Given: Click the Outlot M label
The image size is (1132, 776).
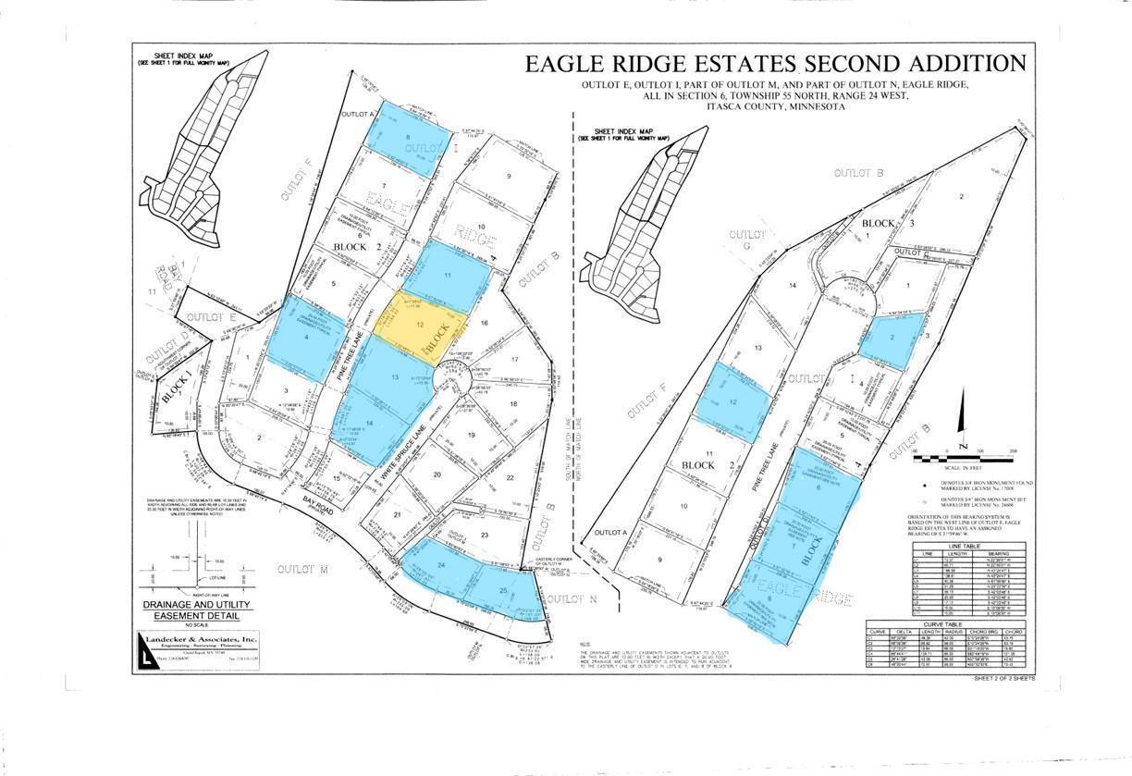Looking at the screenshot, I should (303, 569).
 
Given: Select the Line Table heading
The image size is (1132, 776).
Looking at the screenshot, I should (958, 546).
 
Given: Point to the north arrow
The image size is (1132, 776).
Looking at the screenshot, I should (964, 445).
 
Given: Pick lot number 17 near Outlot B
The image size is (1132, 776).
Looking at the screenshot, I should (515, 359).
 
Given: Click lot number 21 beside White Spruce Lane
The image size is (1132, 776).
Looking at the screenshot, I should (398, 515).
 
